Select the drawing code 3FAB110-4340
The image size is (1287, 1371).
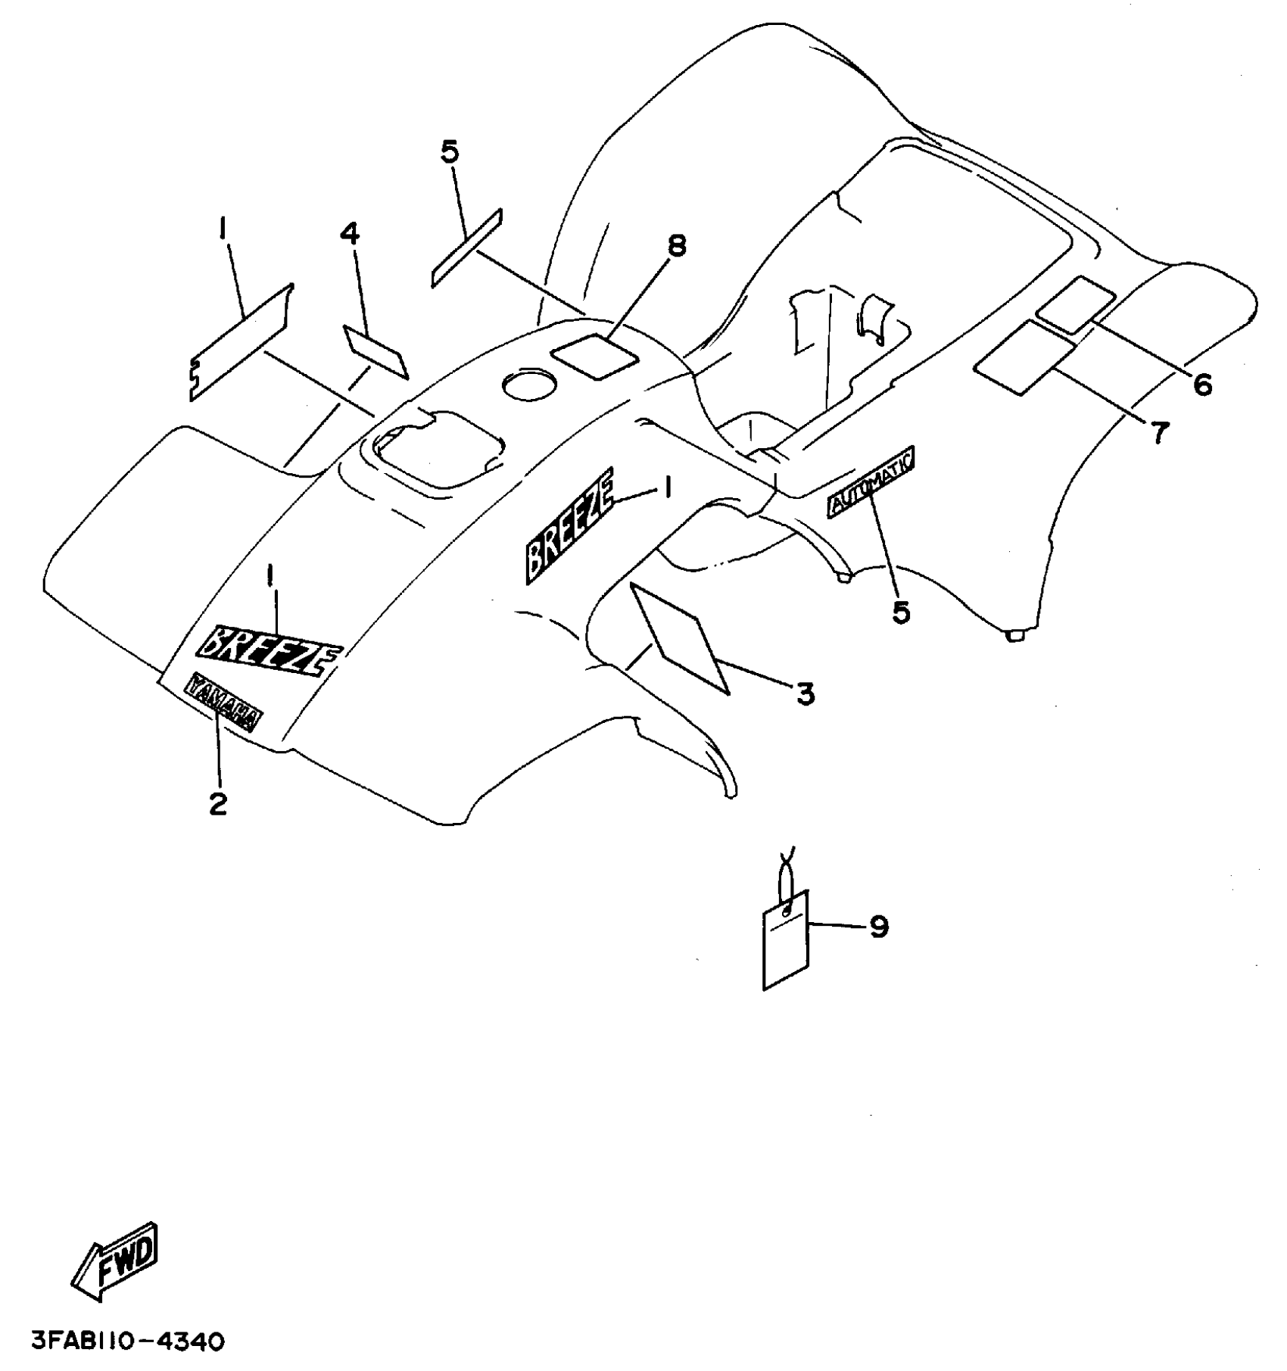pos(128,1342)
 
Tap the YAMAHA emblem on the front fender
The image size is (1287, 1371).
pos(223,703)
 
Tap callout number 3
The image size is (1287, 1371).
pos(805,693)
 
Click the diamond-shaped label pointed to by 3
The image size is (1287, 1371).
pos(679,637)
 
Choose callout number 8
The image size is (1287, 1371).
pos(676,245)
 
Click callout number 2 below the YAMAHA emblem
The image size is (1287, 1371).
pos(218,804)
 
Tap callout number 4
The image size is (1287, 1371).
pos(349,234)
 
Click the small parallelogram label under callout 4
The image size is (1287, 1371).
pos(376,352)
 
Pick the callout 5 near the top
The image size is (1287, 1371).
pos(449,151)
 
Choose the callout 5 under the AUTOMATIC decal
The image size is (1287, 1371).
pos(901,612)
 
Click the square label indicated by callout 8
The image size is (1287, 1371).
pos(594,357)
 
